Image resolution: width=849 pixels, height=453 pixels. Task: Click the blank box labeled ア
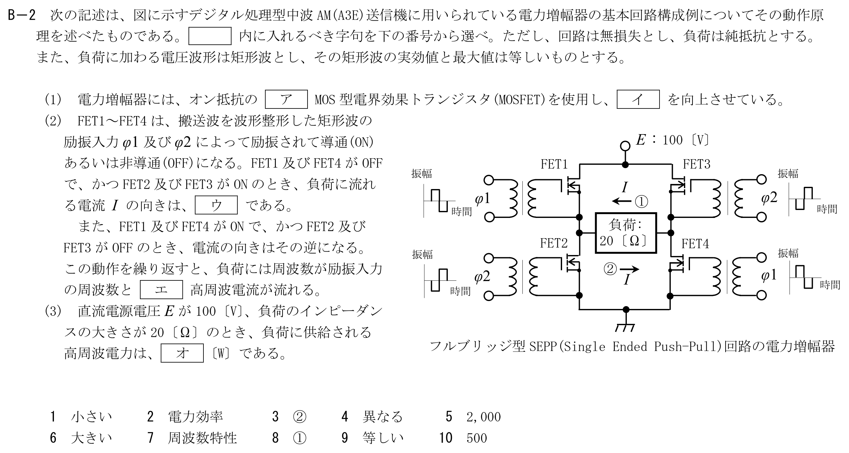286,99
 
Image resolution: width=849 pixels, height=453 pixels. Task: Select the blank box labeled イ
638,99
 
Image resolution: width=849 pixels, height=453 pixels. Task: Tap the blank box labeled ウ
216,205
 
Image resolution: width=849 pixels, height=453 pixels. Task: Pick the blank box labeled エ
162,289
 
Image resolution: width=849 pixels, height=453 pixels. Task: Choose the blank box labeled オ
182,353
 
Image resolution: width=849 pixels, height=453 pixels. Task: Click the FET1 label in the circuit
554,164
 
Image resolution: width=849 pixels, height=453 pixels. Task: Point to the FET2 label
554,243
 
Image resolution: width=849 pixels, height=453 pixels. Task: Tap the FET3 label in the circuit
696,164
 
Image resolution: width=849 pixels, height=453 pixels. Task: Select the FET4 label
695,244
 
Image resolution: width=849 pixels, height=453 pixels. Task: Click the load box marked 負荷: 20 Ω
626,233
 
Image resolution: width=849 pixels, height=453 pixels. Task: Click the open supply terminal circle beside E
625,145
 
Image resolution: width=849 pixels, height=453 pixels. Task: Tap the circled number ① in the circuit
641,202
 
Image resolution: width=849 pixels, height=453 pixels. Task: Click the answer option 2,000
483,417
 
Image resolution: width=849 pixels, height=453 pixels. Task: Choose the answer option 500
477,438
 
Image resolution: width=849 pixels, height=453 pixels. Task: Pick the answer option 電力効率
196,417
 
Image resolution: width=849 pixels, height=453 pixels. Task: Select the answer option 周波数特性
202,438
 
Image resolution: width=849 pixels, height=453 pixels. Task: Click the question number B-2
21,15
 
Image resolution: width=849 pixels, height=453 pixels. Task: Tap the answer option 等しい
383,438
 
